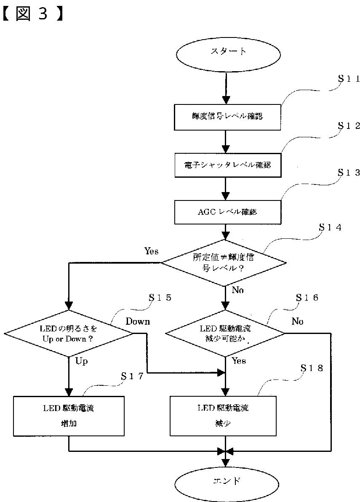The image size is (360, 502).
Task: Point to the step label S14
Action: [x=330, y=228]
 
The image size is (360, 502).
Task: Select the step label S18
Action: [x=312, y=368]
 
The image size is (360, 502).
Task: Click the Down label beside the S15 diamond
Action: [x=138, y=321]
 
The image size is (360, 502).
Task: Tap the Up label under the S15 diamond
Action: [x=81, y=361]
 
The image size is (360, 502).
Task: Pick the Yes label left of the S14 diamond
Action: [x=151, y=251]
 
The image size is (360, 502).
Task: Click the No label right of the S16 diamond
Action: [x=297, y=321]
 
